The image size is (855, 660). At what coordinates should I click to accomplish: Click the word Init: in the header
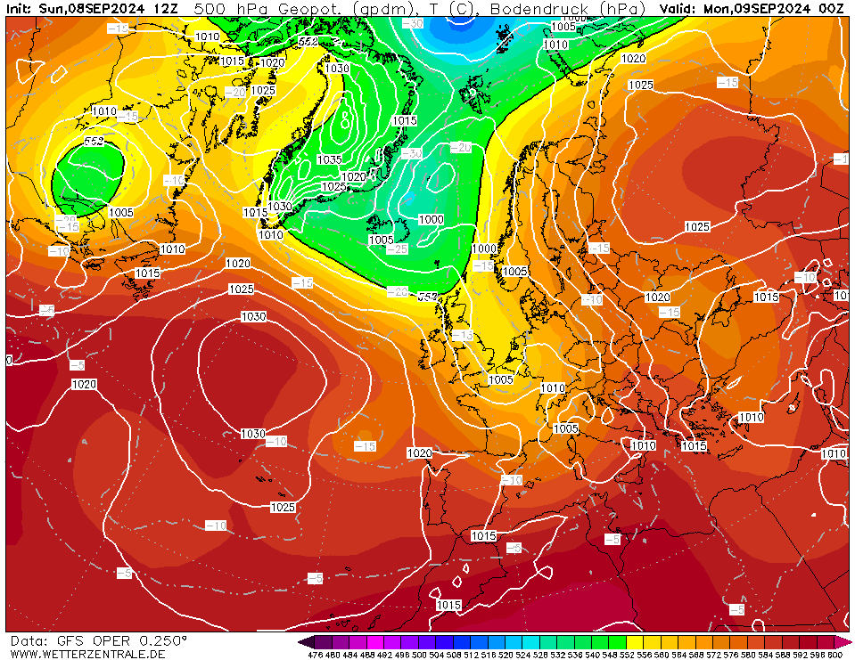pos(21,8)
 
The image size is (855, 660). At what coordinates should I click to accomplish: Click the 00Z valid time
pos(831,8)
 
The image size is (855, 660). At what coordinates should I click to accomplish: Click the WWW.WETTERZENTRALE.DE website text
pos(87,654)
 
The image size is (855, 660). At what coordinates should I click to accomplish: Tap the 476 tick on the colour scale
pos(315,655)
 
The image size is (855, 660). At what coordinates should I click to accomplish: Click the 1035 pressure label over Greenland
pos(329,159)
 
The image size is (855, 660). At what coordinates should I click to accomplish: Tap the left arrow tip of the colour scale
pos(302,641)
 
